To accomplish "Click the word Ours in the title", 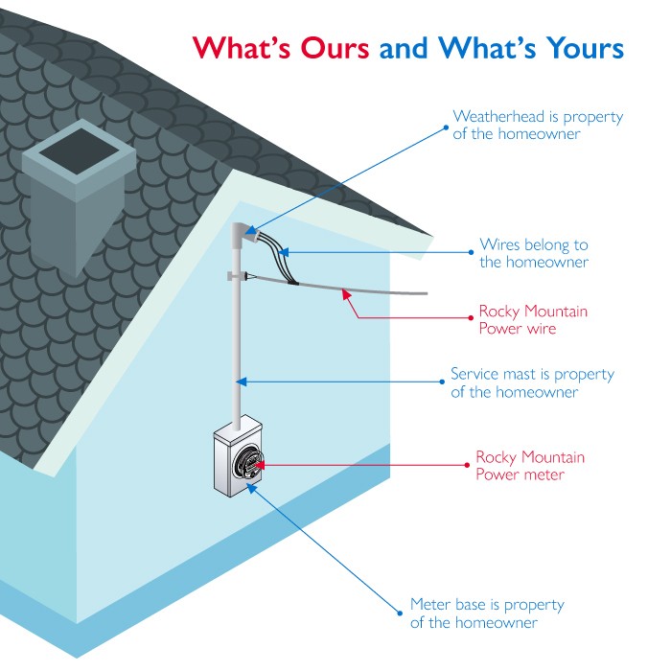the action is point(335,48).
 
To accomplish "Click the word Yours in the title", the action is point(585,48).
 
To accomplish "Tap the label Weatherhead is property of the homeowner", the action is point(538,125).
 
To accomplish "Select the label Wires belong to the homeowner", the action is point(534,253).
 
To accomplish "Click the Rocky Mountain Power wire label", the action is point(533,319).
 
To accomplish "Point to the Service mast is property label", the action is point(532,374).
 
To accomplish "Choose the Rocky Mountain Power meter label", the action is point(530,466).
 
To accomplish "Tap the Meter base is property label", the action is point(487,605).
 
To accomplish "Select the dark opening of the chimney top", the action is point(80,151).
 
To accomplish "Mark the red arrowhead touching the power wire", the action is point(346,295).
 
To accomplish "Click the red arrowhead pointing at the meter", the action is point(259,465).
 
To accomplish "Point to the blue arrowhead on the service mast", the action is point(242,382).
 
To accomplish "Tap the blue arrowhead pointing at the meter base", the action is point(251,488).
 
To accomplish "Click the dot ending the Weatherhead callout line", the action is point(446,127).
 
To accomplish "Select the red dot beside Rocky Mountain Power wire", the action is point(472,318).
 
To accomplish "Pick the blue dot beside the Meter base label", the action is point(400,613).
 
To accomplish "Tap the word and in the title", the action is point(404,48).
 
